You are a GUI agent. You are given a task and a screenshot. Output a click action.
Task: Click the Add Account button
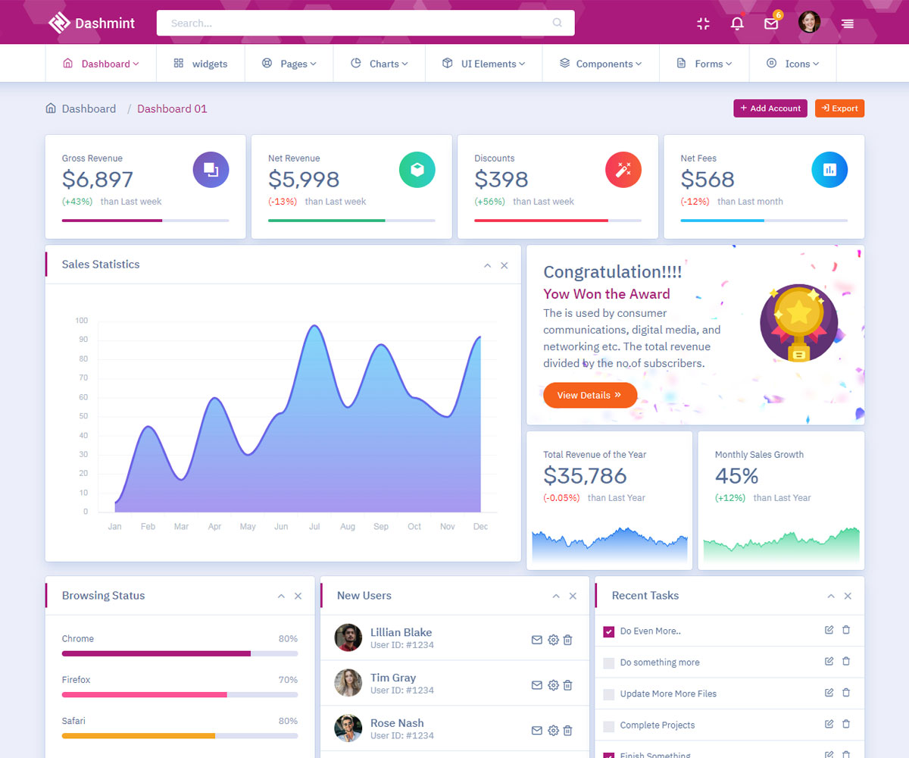[x=770, y=108]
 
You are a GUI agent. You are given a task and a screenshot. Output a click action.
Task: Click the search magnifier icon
[x=558, y=23]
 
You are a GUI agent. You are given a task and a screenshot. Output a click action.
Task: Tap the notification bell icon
[x=737, y=23]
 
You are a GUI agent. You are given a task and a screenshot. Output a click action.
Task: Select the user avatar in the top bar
[x=809, y=23]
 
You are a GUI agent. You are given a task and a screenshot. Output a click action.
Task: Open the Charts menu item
[x=380, y=64]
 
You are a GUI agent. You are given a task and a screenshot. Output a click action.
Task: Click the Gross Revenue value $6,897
[x=98, y=180]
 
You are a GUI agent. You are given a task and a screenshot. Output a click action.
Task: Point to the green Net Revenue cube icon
[x=417, y=170]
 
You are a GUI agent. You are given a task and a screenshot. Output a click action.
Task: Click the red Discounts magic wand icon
[x=623, y=170]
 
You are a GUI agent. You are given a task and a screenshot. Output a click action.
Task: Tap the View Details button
[x=589, y=395]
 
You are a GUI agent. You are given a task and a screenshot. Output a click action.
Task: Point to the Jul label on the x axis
[x=314, y=526]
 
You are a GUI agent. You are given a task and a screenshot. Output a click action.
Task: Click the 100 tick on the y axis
[x=82, y=321]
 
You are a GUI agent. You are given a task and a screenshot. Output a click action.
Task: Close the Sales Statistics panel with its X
[x=504, y=265]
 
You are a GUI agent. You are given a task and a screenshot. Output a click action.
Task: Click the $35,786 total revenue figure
[x=585, y=476]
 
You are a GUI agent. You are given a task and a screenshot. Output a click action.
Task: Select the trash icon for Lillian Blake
[x=567, y=640]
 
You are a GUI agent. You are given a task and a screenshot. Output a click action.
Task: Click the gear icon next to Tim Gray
[x=553, y=685]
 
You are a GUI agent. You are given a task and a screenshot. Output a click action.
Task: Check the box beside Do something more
[x=609, y=663]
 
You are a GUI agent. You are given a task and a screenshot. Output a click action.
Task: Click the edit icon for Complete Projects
[x=829, y=725]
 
